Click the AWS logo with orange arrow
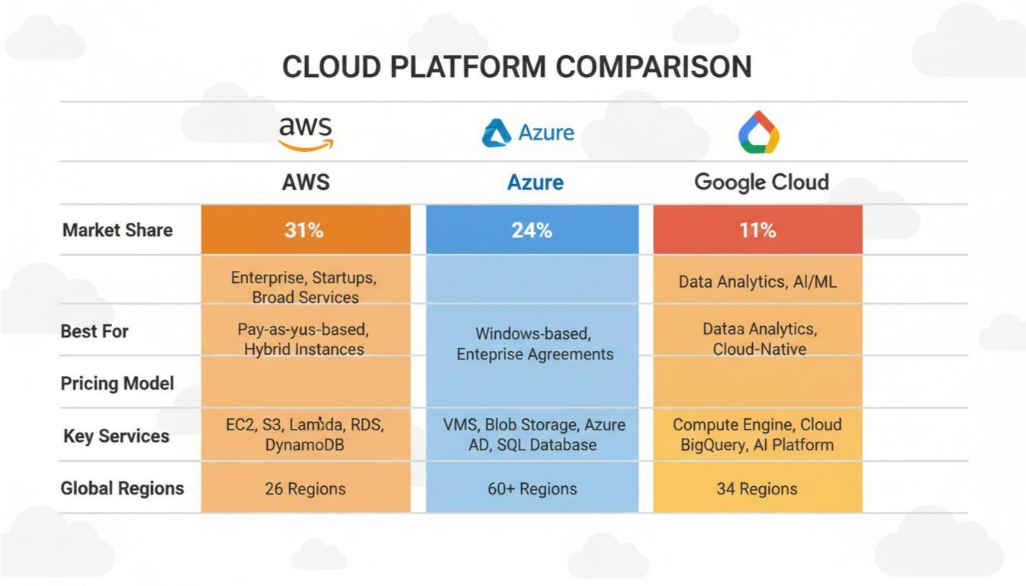point(305,134)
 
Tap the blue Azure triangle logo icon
point(497,134)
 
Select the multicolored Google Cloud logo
point(759,132)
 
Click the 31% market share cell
point(305,230)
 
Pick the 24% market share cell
point(532,230)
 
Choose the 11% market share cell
point(757,230)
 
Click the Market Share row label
point(117,230)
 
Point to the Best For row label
point(95,331)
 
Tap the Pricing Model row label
point(117,384)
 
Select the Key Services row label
point(117,436)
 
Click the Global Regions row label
point(122,488)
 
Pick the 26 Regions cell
point(305,489)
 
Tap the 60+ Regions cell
point(532,489)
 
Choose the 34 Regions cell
point(757,489)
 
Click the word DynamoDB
point(304,445)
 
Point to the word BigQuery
point(713,446)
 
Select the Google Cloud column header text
point(762,182)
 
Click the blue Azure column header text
point(536,182)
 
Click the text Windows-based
point(533,334)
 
